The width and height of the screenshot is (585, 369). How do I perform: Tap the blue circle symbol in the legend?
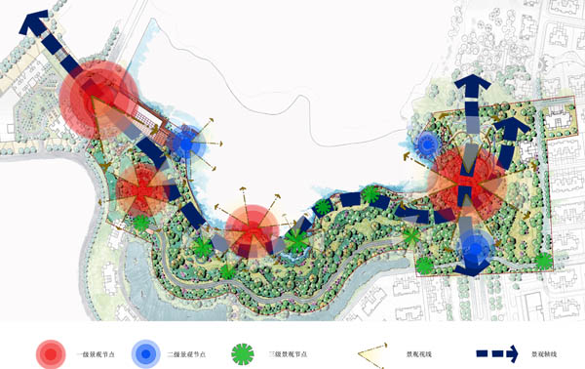[x=145, y=352]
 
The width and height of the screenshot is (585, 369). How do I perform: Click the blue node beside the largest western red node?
[x=185, y=143]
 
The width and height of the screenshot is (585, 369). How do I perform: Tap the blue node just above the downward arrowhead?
[x=475, y=249]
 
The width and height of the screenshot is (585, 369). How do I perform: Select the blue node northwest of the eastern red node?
[x=427, y=146]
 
